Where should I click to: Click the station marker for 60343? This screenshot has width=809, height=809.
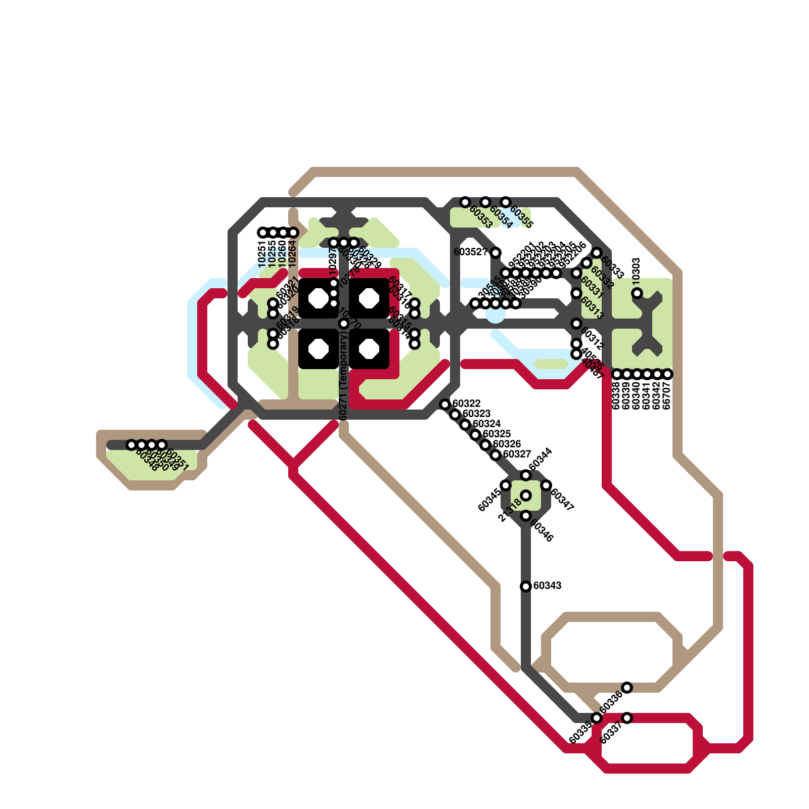click(x=526, y=587)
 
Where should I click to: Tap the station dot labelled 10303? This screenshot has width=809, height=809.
click(x=637, y=293)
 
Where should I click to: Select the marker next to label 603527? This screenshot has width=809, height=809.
click(x=496, y=253)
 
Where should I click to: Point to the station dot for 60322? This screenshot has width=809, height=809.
click(x=445, y=404)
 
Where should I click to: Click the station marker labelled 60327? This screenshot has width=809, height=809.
click(x=496, y=455)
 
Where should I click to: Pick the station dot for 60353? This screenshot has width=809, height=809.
click(x=465, y=202)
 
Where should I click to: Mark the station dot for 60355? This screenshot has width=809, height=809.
click(x=506, y=202)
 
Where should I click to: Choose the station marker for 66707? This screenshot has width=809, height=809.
click(x=667, y=374)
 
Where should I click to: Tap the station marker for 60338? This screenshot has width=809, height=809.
click(x=617, y=374)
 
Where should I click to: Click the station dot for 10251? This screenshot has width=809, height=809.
click(x=263, y=233)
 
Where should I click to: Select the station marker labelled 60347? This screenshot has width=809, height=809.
click(x=546, y=485)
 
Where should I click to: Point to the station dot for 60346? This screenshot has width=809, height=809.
click(x=526, y=516)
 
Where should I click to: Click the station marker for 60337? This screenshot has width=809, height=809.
click(x=627, y=718)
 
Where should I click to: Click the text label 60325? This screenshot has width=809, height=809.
click(x=497, y=434)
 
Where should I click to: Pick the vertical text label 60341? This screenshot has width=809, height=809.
click(x=647, y=396)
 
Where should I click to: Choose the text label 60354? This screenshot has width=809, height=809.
click(x=501, y=218)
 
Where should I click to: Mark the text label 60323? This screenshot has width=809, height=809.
click(x=476, y=414)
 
